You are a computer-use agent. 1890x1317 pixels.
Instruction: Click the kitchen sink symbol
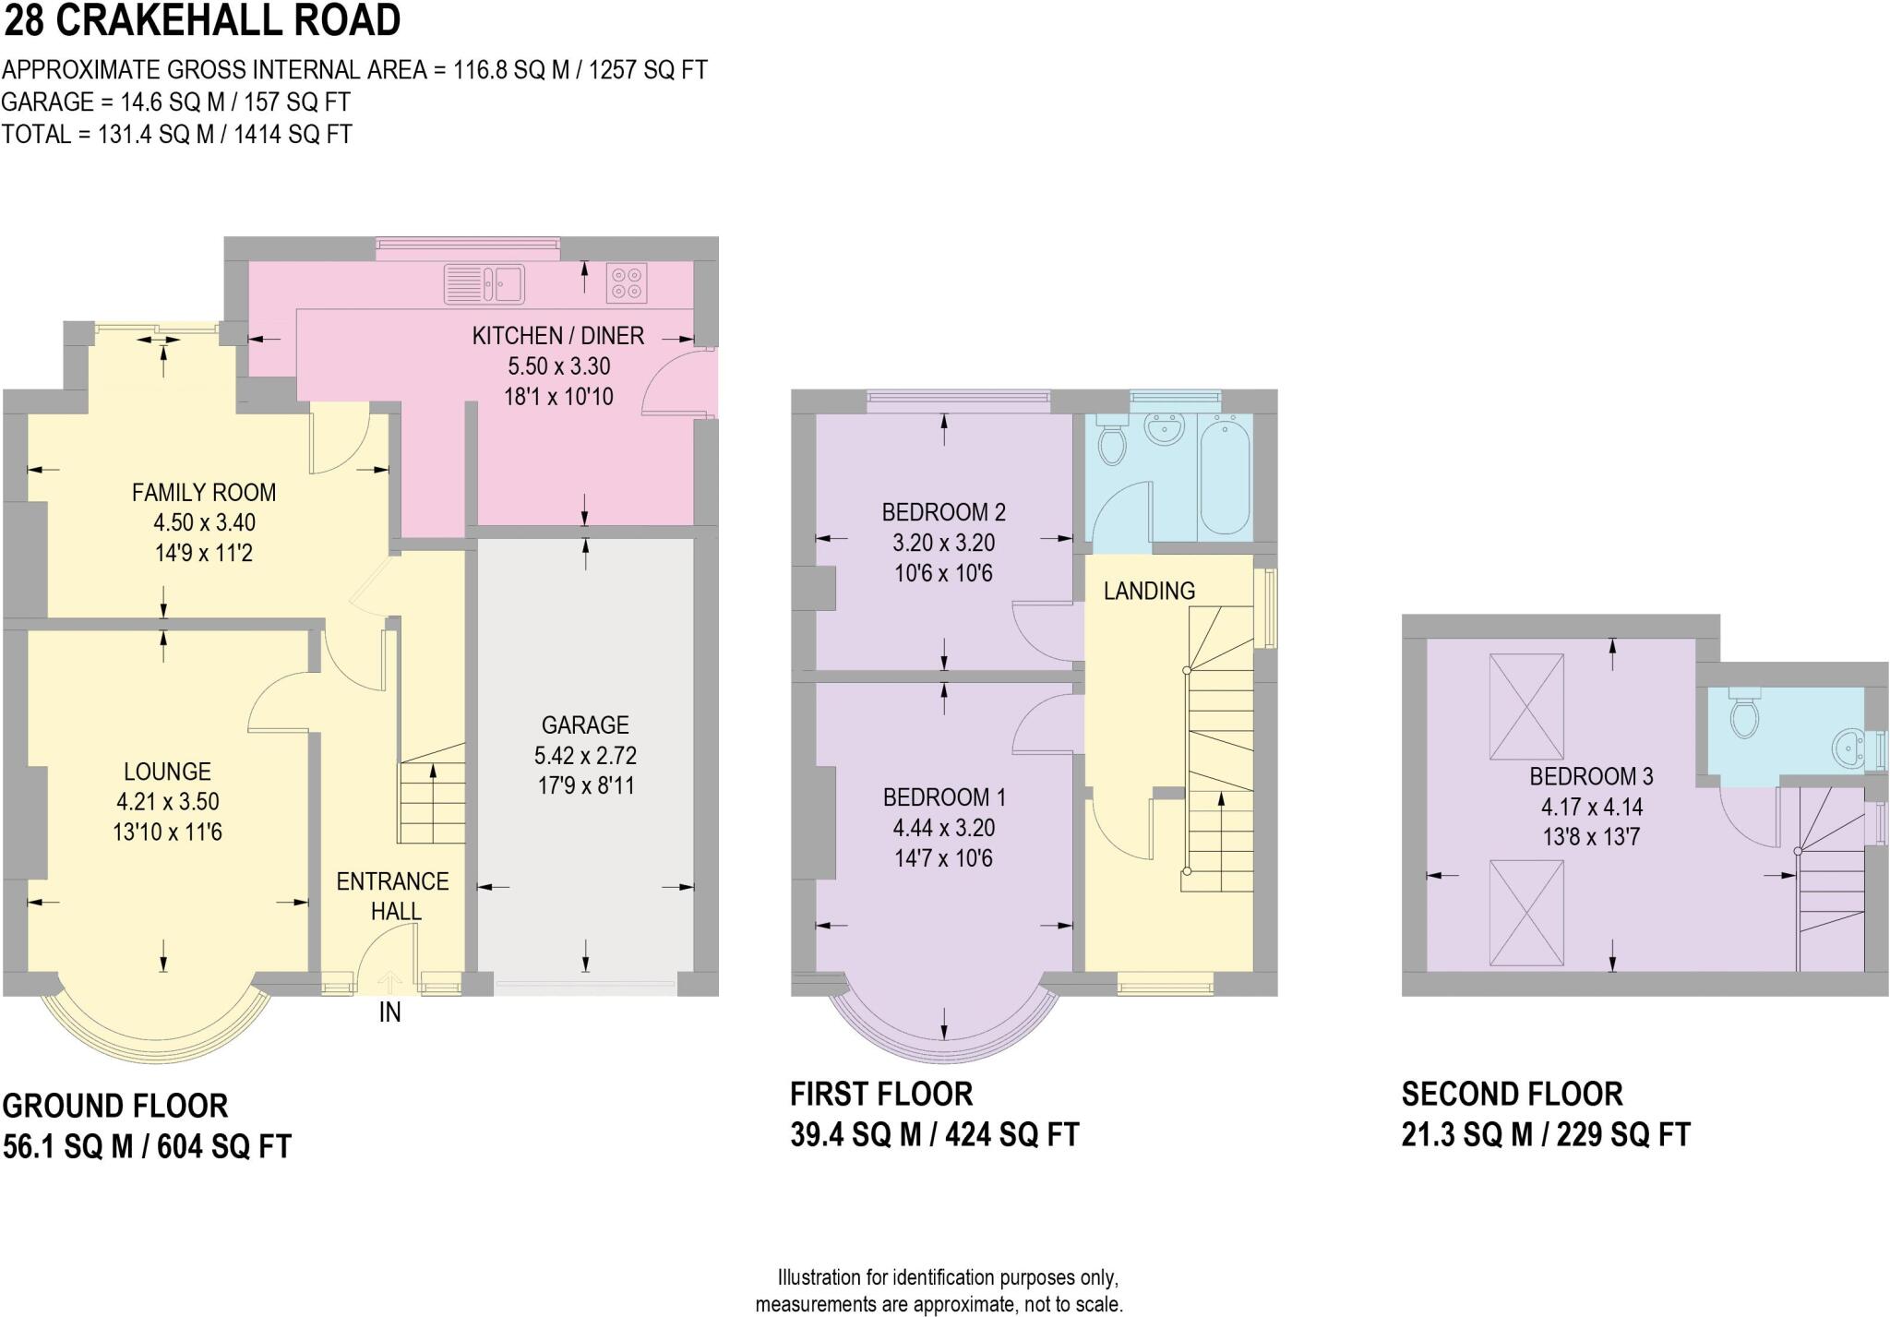(484, 283)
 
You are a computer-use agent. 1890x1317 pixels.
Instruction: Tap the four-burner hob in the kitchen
(627, 283)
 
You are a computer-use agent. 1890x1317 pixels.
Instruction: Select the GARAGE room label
(585, 725)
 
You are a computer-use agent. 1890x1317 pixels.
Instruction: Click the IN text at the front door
(389, 1012)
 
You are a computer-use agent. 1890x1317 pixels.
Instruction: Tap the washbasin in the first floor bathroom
(1164, 430)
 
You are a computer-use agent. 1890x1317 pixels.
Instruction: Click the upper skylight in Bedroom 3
(1526, 706)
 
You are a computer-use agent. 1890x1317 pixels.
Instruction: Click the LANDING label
(1149, 591)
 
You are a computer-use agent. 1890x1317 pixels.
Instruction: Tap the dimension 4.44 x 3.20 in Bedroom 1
(943, 828)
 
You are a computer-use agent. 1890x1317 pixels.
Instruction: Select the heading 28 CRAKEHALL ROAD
(202, 20)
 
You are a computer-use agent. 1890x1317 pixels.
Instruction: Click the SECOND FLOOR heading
(1512, 1094)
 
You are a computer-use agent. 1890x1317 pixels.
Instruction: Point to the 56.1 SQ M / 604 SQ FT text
(147, 1146)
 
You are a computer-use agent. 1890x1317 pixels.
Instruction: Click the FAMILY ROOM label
(204, 493)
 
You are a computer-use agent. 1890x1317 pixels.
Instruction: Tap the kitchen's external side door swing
(678, 382)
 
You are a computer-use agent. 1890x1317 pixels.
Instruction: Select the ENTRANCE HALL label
(392, 896)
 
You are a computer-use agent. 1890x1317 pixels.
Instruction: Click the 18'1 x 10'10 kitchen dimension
(558, 397)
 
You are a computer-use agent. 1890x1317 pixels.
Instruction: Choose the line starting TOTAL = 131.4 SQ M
(176, 134)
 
